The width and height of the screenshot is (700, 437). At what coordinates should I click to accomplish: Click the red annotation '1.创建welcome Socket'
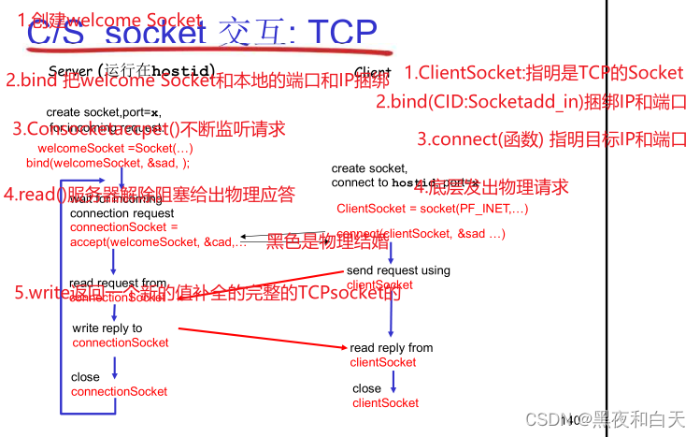tap(109, 20)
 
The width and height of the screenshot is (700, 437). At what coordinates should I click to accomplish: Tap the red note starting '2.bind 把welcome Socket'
tap(197, 80)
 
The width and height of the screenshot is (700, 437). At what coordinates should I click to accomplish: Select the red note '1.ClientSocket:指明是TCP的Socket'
tap(545, 72)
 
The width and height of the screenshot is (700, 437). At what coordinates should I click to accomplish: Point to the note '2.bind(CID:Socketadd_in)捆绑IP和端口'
tap(531, 102)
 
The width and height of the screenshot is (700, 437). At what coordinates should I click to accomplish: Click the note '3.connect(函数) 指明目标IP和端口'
tap(551, 139)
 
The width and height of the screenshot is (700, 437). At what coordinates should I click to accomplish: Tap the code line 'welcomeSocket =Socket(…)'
tap(115, 149)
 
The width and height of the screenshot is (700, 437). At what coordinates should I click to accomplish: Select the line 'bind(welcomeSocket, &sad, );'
tap(107, 163)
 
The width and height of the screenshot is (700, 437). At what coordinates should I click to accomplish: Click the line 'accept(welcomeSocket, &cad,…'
tap(158, 242)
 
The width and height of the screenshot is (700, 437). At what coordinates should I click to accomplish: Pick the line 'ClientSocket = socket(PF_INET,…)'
tap(433, 209)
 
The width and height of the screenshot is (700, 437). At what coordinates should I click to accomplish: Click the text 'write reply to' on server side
tap(107, 328)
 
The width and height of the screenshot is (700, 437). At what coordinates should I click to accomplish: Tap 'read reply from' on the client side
tap(392, 348)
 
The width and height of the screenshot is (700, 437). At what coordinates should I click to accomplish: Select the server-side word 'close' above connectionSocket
tap(85, 378)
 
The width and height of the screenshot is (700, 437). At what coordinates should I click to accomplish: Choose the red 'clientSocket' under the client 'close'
tap(385, 402)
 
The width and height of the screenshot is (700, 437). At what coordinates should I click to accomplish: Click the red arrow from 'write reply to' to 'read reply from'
tap(262, 338)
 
